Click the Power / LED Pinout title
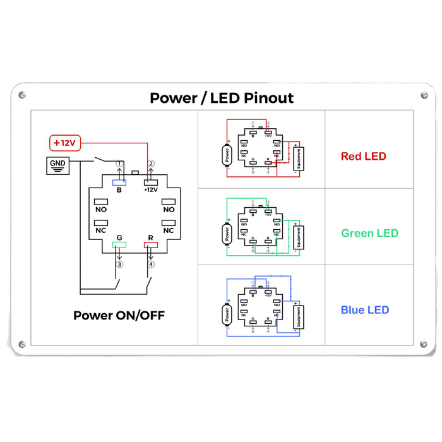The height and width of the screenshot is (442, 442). (222, 98)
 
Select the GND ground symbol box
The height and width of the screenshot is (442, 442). (57, 166)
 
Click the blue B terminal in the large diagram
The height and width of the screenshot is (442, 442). (119, 182)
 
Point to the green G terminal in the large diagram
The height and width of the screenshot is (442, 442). (119, 244)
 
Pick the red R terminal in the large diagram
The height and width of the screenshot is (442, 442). (151, 244)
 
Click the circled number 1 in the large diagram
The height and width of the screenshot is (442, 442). (119, 164)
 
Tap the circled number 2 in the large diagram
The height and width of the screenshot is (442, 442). (151, 164)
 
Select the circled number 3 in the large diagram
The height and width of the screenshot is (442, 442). (119, 264)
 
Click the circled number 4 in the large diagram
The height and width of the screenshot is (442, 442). (151, 264)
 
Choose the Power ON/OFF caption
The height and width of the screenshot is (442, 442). (119, 315)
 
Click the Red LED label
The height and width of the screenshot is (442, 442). (363, 156)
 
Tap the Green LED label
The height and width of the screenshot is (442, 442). (369, 233)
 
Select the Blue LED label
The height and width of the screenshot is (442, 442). (364, 310)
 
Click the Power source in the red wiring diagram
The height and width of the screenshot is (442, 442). (226, 155)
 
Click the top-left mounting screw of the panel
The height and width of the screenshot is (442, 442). (23, 95)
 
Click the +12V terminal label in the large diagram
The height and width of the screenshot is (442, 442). (151, 189)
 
